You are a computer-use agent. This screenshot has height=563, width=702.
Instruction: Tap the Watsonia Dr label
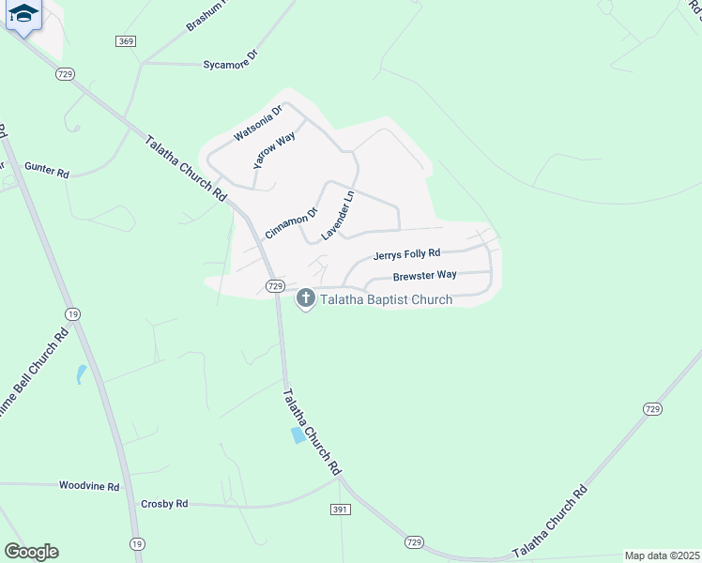pos(258,124)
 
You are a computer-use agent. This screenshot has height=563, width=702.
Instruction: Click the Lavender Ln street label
pos(339,215)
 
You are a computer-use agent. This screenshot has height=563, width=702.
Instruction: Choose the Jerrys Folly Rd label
pos(406,254)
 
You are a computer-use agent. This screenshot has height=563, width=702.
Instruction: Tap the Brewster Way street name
pos(424,276)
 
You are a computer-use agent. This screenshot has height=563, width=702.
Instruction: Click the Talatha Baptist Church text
pos(386,299)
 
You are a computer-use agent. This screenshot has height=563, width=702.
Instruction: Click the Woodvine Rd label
pos(89,486)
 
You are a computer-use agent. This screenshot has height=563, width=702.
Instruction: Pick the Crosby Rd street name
pos(164,504)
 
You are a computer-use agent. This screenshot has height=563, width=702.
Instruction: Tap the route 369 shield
pos(127,41)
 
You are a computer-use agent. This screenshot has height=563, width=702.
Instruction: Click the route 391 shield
pos(341,510)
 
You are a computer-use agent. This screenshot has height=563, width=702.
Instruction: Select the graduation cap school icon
pos(23,15)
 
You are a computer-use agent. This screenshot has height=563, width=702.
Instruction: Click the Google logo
pos(31,552)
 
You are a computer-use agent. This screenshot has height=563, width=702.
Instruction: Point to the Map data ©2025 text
pos(662,555)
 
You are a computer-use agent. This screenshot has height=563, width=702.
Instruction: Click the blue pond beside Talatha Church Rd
pos(298,435)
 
